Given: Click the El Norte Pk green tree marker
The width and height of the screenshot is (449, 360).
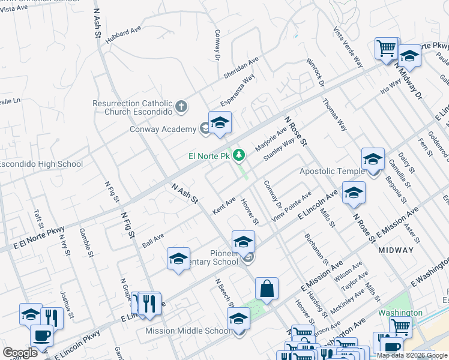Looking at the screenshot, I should coord(240,156).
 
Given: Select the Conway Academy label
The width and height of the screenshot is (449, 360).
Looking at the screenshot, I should coord(163,129).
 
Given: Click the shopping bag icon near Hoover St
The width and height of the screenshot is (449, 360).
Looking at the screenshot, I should coord(267,289).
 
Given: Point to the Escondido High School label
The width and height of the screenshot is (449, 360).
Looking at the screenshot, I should coord(41,164).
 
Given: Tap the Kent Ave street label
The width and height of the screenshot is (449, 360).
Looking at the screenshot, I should coord(224,206).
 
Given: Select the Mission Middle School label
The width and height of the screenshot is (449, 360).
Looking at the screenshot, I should coord(188,331).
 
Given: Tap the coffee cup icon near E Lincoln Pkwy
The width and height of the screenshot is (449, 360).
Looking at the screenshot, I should coord(41,335).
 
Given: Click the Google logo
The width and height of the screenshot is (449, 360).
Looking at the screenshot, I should coord(20,353).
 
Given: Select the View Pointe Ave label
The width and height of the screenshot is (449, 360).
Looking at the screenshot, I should coord(291,207).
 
